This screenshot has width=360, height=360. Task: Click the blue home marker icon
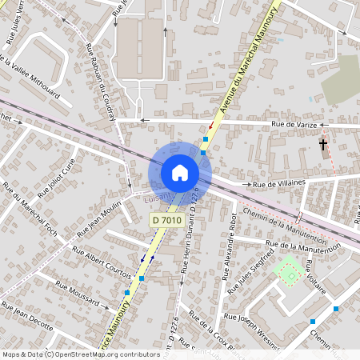tap(180, 173)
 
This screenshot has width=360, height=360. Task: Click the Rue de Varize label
tap(289, 124)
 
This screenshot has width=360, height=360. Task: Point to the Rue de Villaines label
tap(281, 185)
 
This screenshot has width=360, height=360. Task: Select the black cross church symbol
tap(323, 145)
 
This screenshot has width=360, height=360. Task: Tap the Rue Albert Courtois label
tap(102, 261)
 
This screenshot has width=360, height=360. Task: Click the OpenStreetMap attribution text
tap(80, 354)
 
